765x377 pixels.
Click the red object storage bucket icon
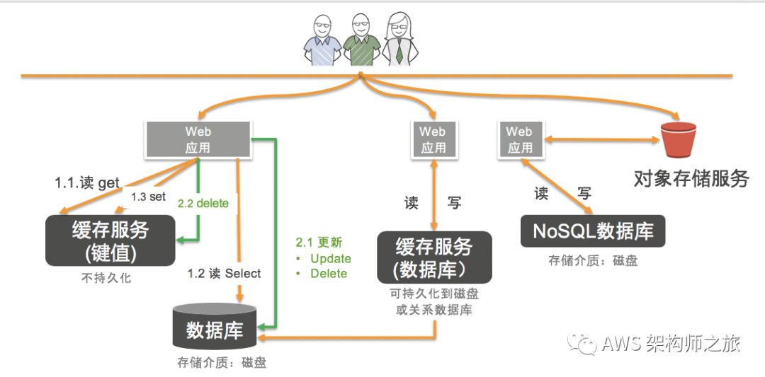coord(678,140)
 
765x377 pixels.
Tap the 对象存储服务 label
coord(691,178)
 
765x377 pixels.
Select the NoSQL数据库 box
coord(594,231)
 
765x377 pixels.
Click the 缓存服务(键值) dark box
coord(110,240)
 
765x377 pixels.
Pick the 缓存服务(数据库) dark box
coord(433,257)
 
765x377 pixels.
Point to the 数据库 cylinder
coord(215,327)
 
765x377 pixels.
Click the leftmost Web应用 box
coord(198,139)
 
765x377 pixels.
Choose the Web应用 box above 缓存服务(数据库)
coord(433,139)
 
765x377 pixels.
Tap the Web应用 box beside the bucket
coord(519,139)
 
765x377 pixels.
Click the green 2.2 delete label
coord(203,204)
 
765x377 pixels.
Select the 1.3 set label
coord(148,197)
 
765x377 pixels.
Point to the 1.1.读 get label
coord(87,182)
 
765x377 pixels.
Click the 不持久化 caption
coord(106,278)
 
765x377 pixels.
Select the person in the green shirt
coord(361,42)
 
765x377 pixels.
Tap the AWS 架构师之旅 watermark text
coord(670,344)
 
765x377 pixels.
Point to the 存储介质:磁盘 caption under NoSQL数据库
coord(593,260)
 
